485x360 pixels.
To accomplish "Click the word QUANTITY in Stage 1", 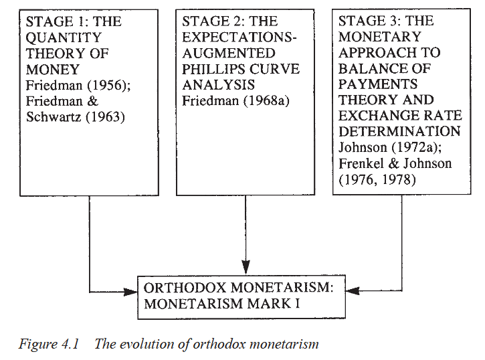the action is point(64,37).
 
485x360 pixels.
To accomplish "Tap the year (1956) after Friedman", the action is point(109,86).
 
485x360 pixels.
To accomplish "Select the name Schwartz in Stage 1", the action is point(54,116).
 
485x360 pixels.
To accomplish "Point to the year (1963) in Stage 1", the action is point(105,117).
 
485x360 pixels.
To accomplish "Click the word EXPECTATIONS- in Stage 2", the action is point(239,37).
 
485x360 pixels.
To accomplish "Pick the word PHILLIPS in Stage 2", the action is point(213,69).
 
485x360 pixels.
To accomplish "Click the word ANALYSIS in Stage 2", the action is point(218,85).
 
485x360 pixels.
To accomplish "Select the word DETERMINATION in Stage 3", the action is point(399,131).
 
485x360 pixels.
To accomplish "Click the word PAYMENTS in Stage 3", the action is point(378,84).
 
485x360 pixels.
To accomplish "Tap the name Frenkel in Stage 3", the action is point(361,163).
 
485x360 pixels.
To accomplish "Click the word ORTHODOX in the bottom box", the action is point(185,288).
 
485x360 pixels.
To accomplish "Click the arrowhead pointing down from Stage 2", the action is point(246,267).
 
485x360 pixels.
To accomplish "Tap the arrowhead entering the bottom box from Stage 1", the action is point(130,292).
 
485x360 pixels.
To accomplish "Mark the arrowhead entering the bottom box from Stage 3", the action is point(353,290).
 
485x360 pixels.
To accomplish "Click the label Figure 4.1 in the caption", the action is point(49,344).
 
